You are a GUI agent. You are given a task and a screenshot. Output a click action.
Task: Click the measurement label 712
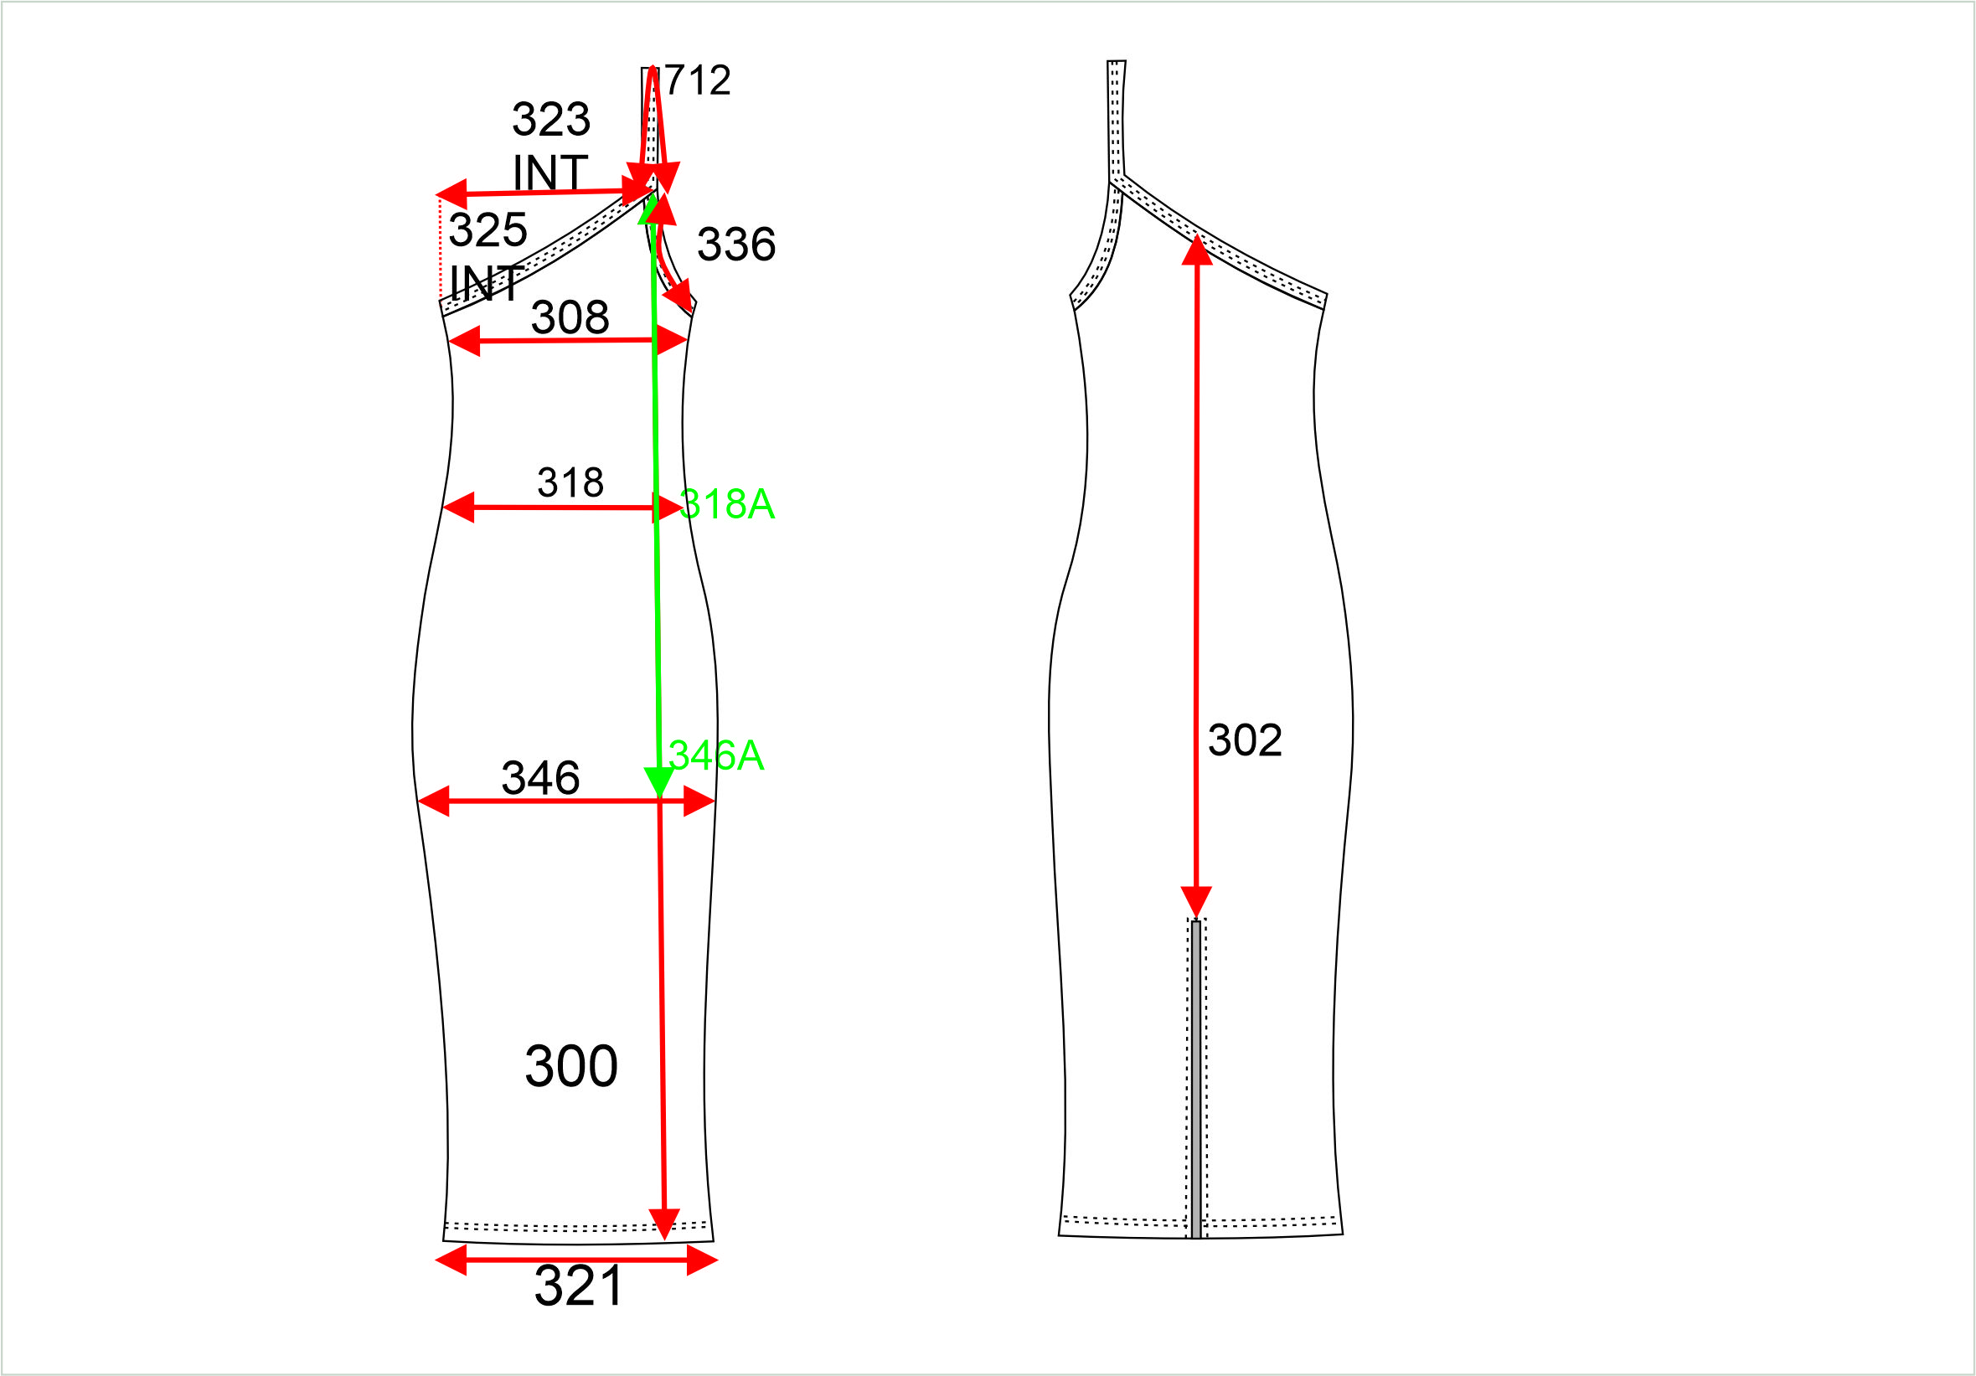pyautogui.click(x=698, y=81)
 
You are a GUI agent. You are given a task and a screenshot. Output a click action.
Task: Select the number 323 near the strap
pyautogui.click(x=552, y=119)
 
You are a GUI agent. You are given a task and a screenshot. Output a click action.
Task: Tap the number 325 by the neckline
pyautogui.click(x=488, y=229)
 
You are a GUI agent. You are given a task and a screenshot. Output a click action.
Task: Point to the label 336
pyautogui.click(x=736, y=245)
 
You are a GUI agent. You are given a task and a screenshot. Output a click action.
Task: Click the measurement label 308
pyautogui.click(x=570, y=317)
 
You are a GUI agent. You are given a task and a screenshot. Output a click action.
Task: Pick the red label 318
pyautogui.click(x=570, y=482)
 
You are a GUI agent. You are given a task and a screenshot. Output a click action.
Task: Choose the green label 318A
pyautogui.click(x=727, y=504)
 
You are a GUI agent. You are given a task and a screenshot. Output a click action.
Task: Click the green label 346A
pyautogui.click(x=716, y=755)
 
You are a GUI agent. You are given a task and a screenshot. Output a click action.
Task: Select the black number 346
pyautogui.click(x=540, y=778)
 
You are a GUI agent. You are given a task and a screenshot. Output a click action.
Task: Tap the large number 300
pyautogui.click(x=571, y=1067)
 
